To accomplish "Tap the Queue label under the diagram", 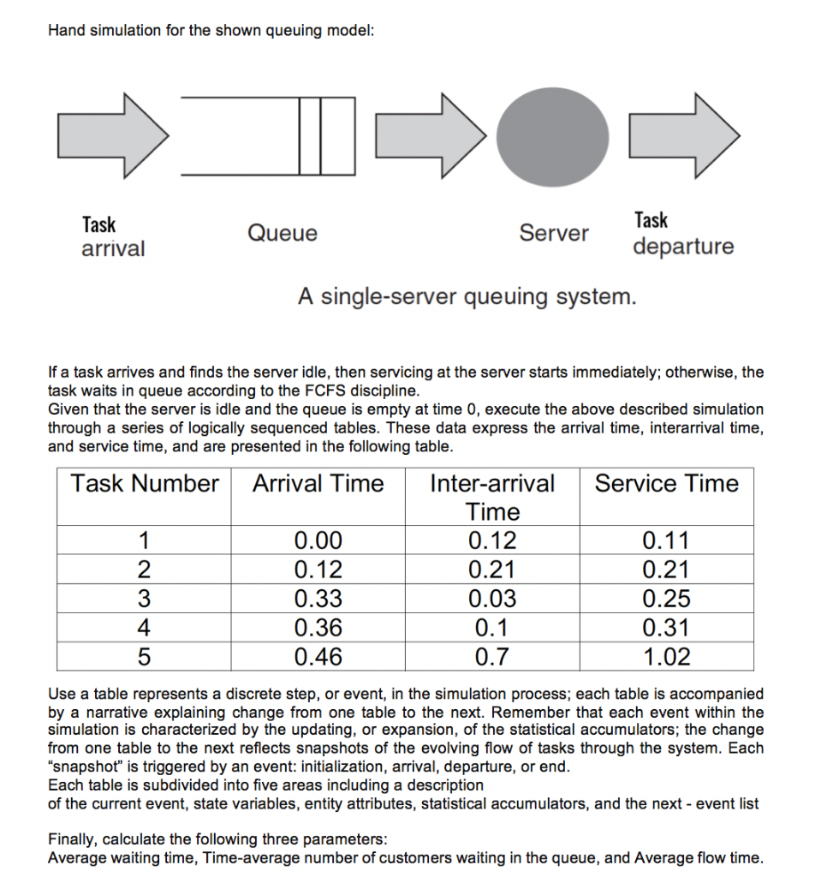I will tap(282, 234).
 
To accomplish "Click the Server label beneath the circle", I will tap(554, 233).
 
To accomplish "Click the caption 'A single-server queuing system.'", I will tap(467, 297).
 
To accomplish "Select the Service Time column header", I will tap(666, 484).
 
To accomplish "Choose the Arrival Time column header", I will tap(318, 484).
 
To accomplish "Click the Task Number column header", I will tap(145, 484).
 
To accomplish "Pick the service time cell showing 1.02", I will tap(666, 657).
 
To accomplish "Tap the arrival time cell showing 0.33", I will tap(318, 599).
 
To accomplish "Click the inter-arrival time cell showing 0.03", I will tap(492, 599).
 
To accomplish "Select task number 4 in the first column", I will tap(145, 628).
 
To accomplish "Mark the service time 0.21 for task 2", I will tap(666, 570).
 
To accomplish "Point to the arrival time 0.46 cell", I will tap(318, 657).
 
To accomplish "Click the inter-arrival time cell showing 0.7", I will tap(492, 657).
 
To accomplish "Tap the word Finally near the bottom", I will tap(73, 838).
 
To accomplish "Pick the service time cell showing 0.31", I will tap(666, 628).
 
